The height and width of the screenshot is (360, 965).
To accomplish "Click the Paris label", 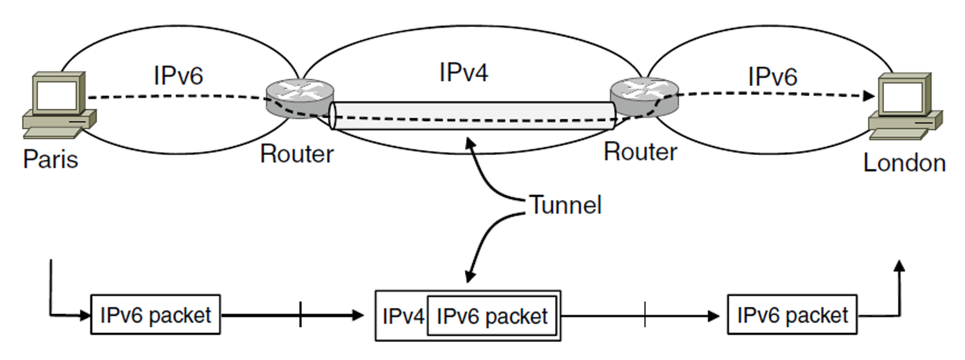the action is pyautogui.click(x=51, y=160).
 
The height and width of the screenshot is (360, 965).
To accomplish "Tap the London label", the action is pyautogui.click(x=904, y=163).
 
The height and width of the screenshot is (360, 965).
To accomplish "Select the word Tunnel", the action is pyautogui.click(x=565, y=205).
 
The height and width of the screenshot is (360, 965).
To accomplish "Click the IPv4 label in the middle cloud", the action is pyautogui.click(x=464, y=72).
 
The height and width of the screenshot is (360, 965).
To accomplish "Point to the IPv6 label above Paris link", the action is pyautogui.click(x=178, y=75).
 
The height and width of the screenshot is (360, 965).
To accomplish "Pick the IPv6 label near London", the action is pyautogui.click(x=772, y=76).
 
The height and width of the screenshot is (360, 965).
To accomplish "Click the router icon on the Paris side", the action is pyautogui.click(x=299, y=98).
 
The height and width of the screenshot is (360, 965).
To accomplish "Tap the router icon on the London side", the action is pyautogui.click(x=644, y=97).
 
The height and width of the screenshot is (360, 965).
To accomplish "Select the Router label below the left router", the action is pyautogui.click(x=297, y=154).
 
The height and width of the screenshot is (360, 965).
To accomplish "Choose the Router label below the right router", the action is pyautogui.click(x=641, y=152).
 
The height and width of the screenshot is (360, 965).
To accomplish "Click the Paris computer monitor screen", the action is pyautogui.click(x=56, y=96).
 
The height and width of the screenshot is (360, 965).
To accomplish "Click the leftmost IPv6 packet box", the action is pyautogui.click(x=155, y=315).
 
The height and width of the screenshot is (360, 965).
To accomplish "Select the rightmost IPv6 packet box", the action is pyautogui.click(x=792, y=315).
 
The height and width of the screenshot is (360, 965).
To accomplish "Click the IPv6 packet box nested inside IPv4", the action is pyautogui.click(x=492, y=316).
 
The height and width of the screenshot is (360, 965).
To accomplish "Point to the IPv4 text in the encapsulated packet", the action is pyautogui.click(x=403, y=317).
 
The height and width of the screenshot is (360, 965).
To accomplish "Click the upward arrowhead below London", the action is pyautogui.click(x=899, y=266).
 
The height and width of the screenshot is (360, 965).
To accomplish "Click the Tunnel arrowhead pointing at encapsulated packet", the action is pyautogui.click(x=470, y=275).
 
